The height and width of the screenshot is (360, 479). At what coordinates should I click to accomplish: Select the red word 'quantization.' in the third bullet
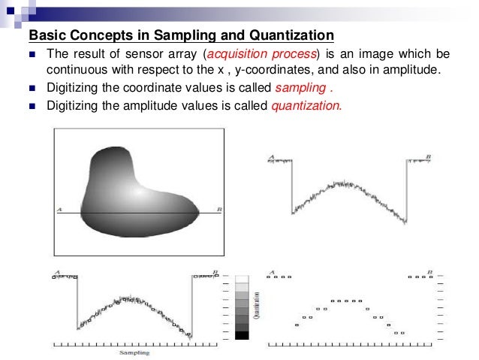tap(306, 105)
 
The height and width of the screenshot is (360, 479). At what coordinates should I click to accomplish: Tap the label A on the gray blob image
tap(59, 209)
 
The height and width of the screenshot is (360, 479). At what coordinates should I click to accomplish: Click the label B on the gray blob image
tap(219, 209)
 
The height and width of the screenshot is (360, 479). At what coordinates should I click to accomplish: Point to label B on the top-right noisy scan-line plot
tap(428, 156)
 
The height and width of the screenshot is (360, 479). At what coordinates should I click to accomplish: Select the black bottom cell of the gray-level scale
tap(241, 335)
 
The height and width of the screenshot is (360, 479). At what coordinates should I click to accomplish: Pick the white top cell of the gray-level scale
tap(241, 279)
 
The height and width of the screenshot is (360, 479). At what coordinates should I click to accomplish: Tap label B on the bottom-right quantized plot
tap(429, 271)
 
